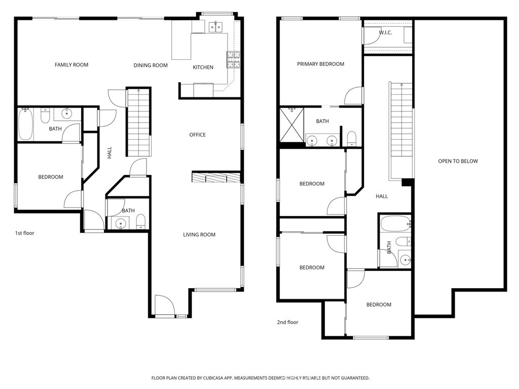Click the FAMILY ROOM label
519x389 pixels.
click(x=71, y=65)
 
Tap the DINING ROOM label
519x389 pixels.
click(x=151, y=65)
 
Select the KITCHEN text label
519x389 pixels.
click(x=203, y=67)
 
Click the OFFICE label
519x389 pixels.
click(x=197, y=135)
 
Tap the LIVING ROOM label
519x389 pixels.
click(x=199, y=235)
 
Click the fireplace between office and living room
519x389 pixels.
click(x=216, y=177)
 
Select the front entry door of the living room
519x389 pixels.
click(x=165, y=306)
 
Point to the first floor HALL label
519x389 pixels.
click(x=109, y=153)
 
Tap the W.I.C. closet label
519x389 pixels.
click(x=386, y=33)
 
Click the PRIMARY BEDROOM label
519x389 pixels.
click(x=320, y=64)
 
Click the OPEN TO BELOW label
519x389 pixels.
click(x=458, y=161)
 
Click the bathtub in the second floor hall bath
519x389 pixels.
click(x=395, y=224)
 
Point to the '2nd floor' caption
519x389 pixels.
click(x=287, y=322)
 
